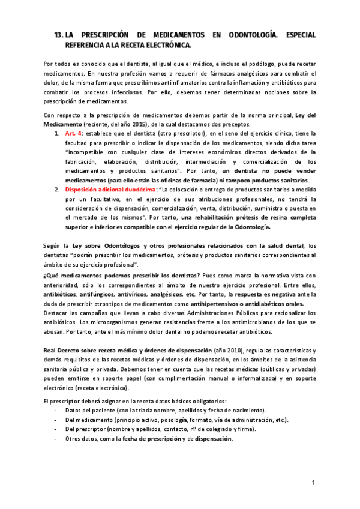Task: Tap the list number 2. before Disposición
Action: (x=57, y=189)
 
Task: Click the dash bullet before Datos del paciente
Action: (x=56, y=410)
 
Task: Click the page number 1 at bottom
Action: (x=313, y=482)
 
